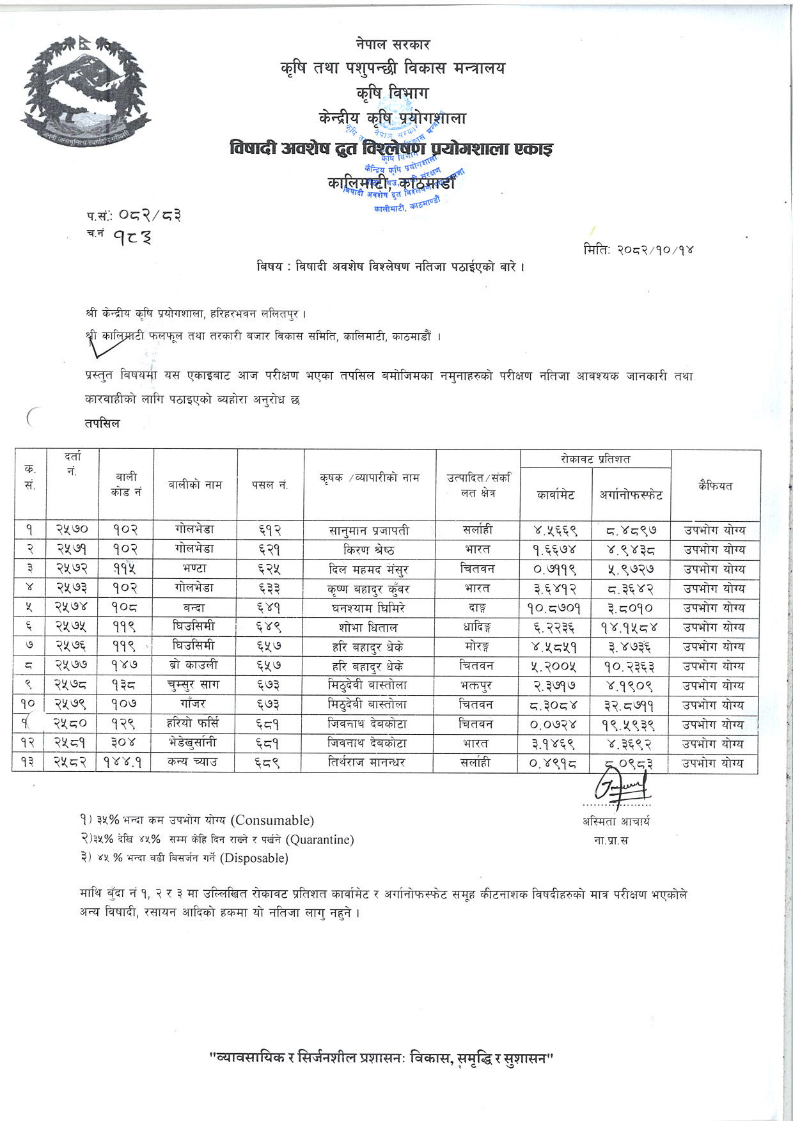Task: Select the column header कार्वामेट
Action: [555, 494]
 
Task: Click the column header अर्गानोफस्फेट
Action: [631, 494]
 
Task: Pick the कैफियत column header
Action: [715, 485]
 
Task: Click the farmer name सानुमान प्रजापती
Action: [369, 530]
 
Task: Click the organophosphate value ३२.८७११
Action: [631, 705]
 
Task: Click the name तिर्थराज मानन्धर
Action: [369, 762]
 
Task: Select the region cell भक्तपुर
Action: [477, 685]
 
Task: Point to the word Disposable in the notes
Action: [254, 858]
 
